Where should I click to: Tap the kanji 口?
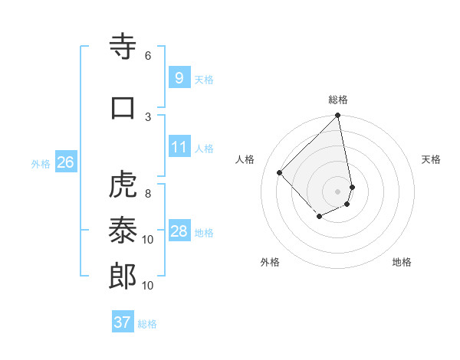tap(123, 107)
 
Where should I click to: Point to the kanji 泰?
tap(123, 231)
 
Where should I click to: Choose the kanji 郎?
tap(123, 277)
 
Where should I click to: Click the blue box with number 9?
tap(179, 78)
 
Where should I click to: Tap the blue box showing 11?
tap(179, 147)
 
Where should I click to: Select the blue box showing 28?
tap(179, 231)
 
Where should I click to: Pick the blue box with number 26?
tap(65, 162)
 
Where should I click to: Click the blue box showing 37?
tap(122, 322)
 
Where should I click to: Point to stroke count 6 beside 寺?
tap(148, 56)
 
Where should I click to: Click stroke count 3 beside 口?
tap(148, 116)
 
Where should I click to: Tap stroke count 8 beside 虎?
tap(148, 194)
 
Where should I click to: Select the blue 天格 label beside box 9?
tap(204, 80)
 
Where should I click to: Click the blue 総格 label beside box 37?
tap(147, 324)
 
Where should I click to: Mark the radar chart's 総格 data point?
tap(337, 116)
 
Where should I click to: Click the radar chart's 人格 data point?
tap(280, 172)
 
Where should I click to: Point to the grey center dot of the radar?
tap(337, 191)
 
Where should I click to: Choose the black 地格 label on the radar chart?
tap(402, 262)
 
